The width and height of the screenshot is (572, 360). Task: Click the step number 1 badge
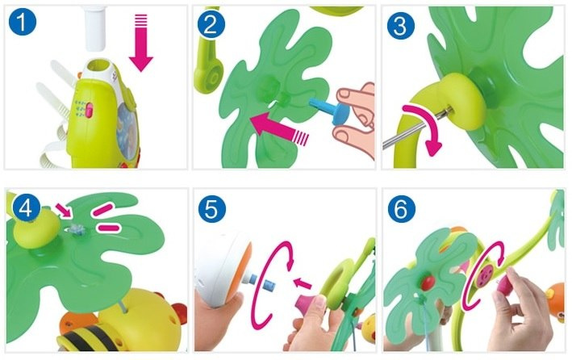[x=23, y=22]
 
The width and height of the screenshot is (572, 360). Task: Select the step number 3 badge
[x=400, y=25]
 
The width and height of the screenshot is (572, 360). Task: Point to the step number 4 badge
[x=26, y=208]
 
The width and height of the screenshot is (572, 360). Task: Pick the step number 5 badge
[x=212, y=209]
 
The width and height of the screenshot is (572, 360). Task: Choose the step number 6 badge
[x=401, y=209]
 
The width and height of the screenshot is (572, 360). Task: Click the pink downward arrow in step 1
[x=141, y=42]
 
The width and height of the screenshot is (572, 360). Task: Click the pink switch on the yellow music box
[x=89, y=110]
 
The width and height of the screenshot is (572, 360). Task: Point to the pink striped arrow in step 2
[x=279, y=129]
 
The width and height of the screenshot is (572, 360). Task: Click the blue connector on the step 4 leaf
[x=77, y=230]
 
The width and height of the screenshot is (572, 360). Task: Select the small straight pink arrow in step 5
[x=303, y=283]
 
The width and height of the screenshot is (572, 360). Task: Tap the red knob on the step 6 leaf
[x=428, y=281]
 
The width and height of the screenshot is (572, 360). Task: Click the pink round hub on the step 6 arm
[x=486, y=274]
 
